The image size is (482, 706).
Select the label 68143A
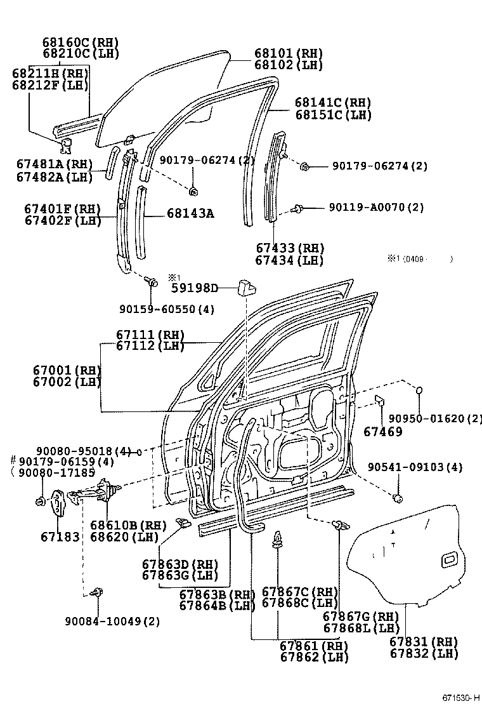point(190,214)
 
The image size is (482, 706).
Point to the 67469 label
point(382,432)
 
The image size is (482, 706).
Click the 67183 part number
point(60,537)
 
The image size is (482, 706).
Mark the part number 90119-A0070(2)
point(377,208)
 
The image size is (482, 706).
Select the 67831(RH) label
point(424,642)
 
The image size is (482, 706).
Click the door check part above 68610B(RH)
point(101,492)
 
